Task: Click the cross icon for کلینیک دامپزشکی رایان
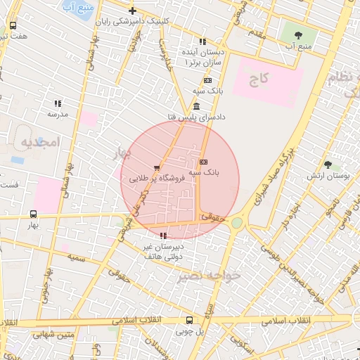(x=132, y=11)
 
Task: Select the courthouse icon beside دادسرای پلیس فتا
(x=195, y=106)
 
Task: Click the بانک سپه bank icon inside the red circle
(x=204, y=162)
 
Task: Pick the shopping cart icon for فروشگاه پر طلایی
(x=156, y=168)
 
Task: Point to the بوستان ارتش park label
(x=328, y=175)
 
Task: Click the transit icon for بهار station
(x=34, y=214)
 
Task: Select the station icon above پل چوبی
(x=188, y=320)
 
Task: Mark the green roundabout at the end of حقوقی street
(x=237, y=223)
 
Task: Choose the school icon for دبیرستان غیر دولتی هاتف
(x=163, y=236)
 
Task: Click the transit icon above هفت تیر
(x=13, y=25)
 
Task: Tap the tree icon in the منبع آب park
(x=298, y=34)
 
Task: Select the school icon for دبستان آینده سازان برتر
(x=202, y=41)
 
